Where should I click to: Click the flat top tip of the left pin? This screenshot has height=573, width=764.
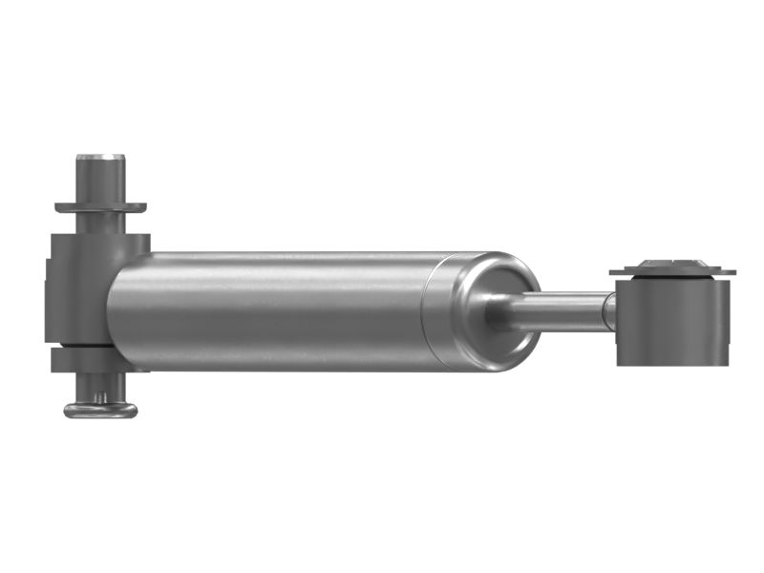click(x=100, y=154)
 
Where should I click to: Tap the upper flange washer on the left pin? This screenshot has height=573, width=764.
click(x=100, y=206)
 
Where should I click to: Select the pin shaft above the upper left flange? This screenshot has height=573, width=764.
click(x=100, y=180)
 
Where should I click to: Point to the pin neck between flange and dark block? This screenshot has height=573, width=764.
click(x=100, y=222)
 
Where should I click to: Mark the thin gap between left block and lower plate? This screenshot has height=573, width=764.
click(x=81, y=345)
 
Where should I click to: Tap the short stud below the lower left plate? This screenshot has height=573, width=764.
click(x=99, y=386)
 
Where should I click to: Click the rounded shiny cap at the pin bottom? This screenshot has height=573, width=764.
click(x=100, y=410)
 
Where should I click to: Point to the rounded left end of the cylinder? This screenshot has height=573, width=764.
click(x=117, y=310)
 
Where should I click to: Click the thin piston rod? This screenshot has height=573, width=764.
click(x=563, y=311)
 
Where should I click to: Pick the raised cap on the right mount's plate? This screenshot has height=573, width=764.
click(x=672, y=265)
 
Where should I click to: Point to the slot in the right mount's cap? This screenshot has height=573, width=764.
click(x=673, y=261)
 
